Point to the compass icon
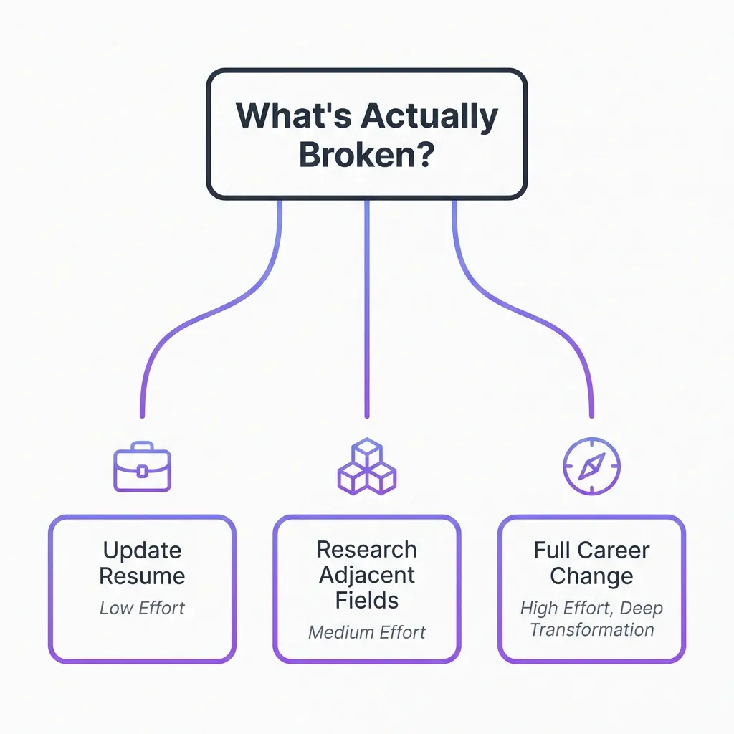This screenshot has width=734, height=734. [591, 467]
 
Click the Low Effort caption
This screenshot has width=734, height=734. [142, 609]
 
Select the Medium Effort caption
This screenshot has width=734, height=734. [366, 632]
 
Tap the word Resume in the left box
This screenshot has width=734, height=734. [142, 576]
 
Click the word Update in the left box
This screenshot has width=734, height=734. [142, 550]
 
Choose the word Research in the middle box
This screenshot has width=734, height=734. [366, 550]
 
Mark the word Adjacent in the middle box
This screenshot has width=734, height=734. [366, 575]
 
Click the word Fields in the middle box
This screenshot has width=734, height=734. [366, 601]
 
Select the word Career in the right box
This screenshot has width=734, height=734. [614, 550]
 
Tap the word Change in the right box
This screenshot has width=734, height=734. [591, 576]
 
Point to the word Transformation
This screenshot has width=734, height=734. [591, 630]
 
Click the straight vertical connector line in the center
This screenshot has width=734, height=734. [367, 308]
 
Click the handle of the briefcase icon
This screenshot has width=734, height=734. [142, 447]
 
